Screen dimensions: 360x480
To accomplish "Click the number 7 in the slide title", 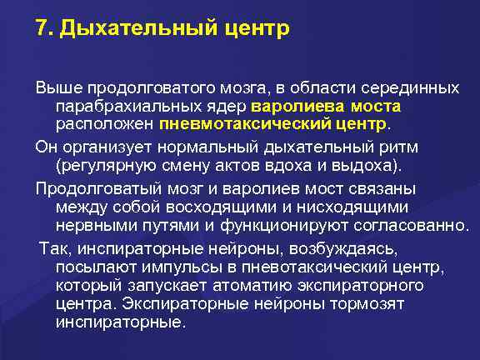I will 42,29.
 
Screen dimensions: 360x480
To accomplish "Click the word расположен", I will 104,125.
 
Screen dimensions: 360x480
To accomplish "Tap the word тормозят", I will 413,303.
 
